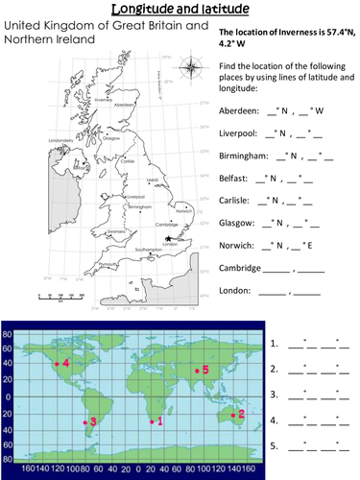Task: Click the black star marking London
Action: click(168, 239)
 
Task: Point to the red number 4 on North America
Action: click(65, 363)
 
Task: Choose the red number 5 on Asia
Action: click(204, 370)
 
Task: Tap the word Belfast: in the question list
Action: click(224, 178)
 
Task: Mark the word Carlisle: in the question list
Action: click(225, 200)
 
